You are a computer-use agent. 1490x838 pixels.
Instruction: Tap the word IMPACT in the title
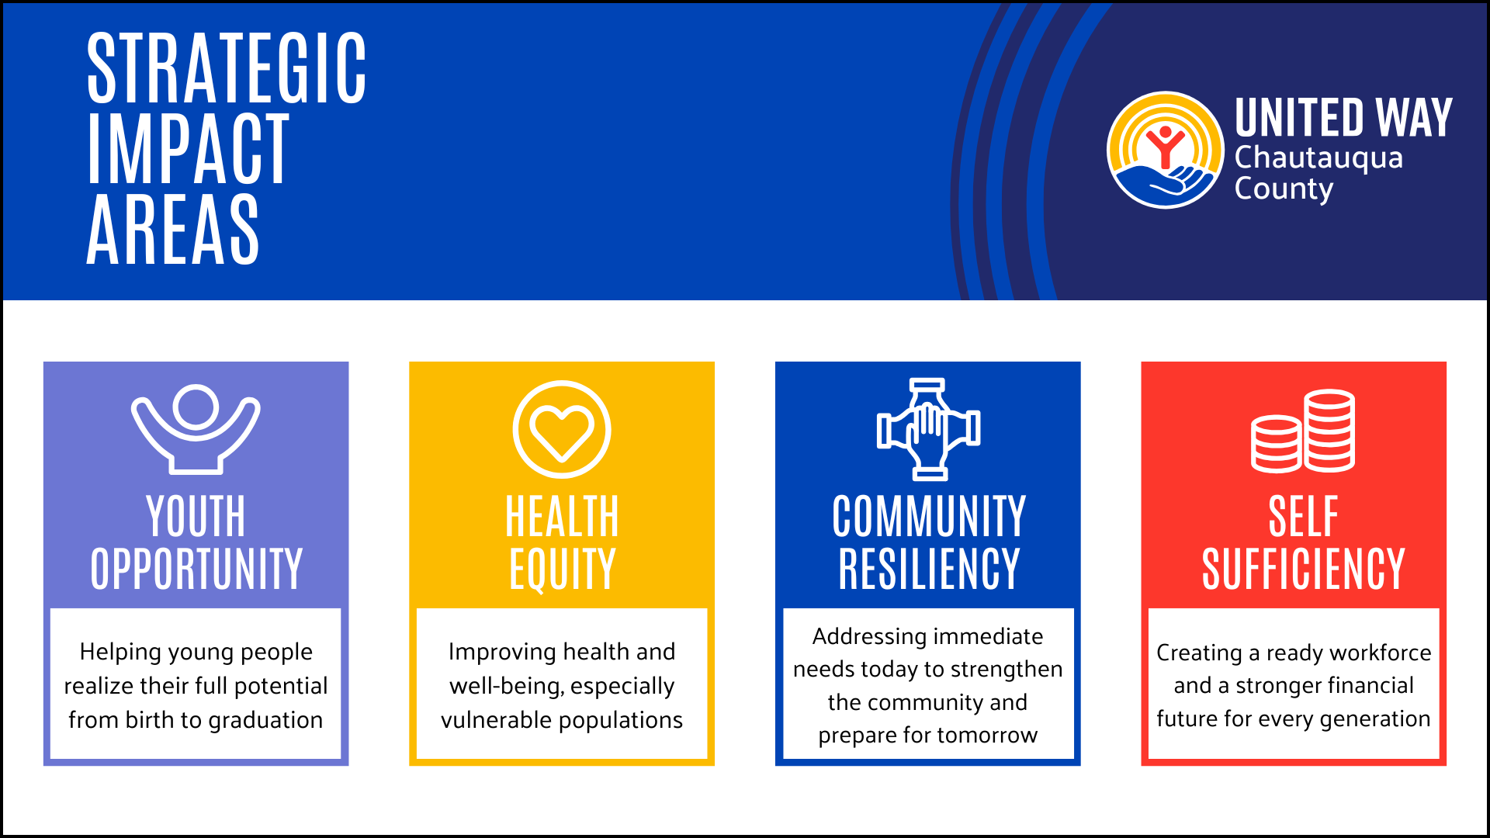pyautogui.click(x=189, y=149)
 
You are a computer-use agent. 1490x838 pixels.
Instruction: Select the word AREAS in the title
pyautogui.click(x=172, y=230)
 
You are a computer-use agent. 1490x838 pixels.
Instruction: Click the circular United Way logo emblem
pyautogui.click(x=1165, y=151)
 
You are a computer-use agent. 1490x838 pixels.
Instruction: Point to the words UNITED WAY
pyautogui.click(x=1343, y=118)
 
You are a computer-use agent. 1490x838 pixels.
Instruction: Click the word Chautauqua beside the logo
pyautogui.click(x=1318, y=158)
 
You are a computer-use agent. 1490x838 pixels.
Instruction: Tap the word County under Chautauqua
pyautogui.click(x=1284, y=189)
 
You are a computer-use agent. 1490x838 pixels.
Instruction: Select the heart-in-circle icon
pyautogui.click(x=562, y=429)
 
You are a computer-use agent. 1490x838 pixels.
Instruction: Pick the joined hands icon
pyautogui.click(x=928, y=428)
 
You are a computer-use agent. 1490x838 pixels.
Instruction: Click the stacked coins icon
pyautogui.click(x=1303, y=431)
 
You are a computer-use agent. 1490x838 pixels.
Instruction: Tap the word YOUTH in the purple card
pyautogui.click(x=196, y=517)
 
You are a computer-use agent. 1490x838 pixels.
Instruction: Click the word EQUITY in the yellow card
pyautogui.click(x=562, y=570)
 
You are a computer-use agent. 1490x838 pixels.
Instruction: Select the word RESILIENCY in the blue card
pyautogui.click(x=928, y=570)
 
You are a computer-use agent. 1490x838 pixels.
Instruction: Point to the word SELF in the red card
pyautogui.click(x=1303, y=517)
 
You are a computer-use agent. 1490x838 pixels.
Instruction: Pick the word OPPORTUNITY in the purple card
pyautogui.click(x=196, y=570)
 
